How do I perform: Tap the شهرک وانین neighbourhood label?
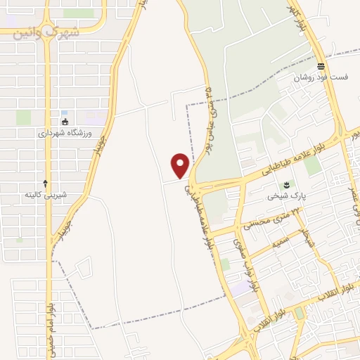47,32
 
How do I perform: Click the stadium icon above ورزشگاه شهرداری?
65,122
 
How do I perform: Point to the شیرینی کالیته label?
46,194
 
